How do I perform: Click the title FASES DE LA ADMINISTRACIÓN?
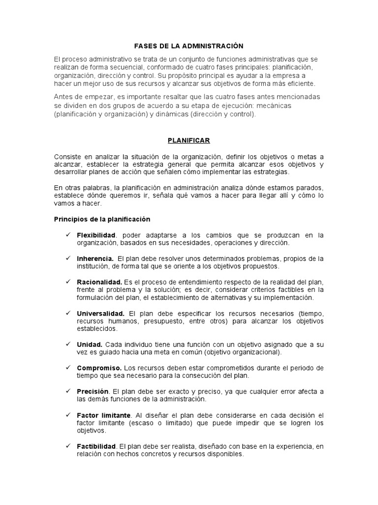pos(189,46)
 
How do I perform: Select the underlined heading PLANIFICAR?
pos(189,141)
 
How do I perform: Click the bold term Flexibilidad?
pos(96,235)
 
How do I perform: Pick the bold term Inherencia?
pos(95,258)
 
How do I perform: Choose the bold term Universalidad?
pos(101,313)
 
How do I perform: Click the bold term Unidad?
pos(89,344)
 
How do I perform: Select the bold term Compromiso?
pos(99,368)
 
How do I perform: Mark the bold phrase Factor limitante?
pos(104,414)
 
